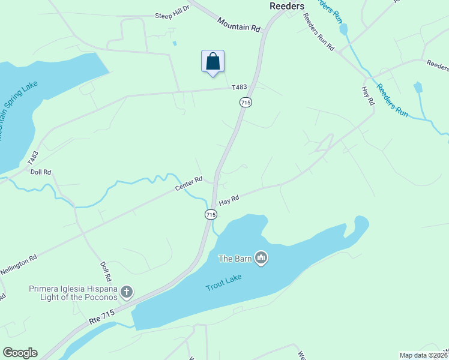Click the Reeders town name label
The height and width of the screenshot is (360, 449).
pos(286,6)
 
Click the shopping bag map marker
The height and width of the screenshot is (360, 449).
pos(212,61)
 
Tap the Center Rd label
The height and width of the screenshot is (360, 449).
pos(188,184)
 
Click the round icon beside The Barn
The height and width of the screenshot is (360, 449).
pos(261,259)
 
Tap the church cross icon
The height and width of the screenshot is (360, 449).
pos(126,292)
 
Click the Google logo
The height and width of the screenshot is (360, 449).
pos(20,353)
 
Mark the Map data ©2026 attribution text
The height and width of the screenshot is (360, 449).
pos(423,355)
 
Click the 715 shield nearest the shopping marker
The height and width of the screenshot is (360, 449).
pos(245,103)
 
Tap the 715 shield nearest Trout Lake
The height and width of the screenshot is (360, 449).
pos(211,214)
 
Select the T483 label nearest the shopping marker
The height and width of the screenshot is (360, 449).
pos(240,88)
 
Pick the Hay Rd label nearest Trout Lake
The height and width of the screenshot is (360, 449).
pos(229,200)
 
